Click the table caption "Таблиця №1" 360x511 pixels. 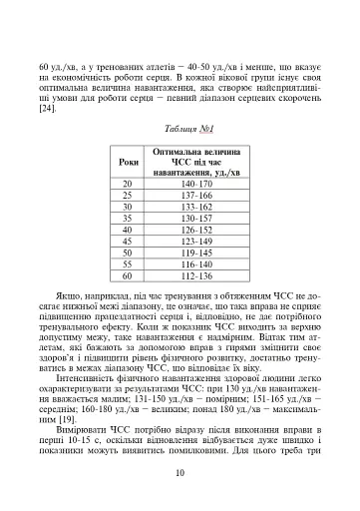(x=180, y=128)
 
